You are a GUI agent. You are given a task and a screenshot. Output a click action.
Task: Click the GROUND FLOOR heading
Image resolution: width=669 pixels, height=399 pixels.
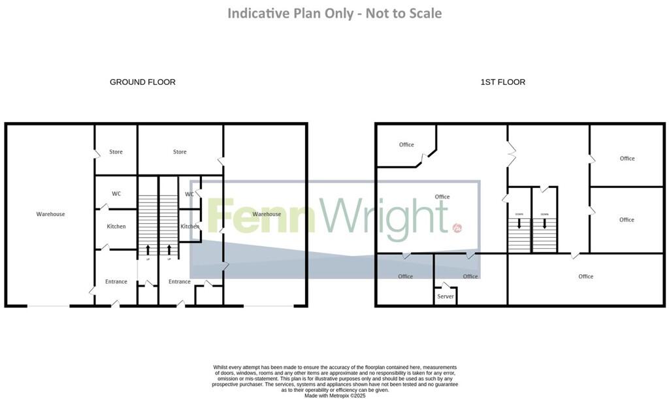pyautogui.click(x=142, y=82)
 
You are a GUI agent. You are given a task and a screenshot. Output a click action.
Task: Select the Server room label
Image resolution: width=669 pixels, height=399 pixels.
pyautogui.click(x=446, y=296)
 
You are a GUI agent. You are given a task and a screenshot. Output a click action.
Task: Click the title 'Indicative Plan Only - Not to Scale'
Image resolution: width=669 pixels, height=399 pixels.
pyautogui.click(x=334, y=13)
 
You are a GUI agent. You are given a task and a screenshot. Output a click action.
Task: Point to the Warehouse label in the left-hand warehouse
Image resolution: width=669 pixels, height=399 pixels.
pyautogui.click(x=50, y=214)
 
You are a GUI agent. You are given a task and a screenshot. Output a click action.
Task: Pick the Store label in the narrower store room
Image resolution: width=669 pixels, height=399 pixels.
pyautogui.click(x=116, y=152)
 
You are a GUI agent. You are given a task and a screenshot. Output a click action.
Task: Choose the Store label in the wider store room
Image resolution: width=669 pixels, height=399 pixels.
pyautogui.click(x=180, y=152)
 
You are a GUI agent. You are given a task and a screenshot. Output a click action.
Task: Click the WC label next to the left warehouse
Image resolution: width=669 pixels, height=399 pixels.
pyautogui.click(x=116, y=194)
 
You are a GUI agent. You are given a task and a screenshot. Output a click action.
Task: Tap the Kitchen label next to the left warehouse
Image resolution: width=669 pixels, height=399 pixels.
pyautogui.click(x=116, y=227)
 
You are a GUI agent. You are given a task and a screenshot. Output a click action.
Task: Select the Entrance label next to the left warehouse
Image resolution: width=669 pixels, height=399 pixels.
pyautogui.click(x=116, y=282)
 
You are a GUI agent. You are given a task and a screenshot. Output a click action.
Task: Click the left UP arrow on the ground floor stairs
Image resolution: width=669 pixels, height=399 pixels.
pyautogui.click(x=147, y=249)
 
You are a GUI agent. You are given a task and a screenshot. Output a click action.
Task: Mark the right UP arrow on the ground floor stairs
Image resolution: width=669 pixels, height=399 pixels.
pyautogui.click(x=170, y=249)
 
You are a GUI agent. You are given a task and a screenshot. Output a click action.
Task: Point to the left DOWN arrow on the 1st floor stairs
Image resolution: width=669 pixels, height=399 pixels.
pyautogui.click(x=519, y=223)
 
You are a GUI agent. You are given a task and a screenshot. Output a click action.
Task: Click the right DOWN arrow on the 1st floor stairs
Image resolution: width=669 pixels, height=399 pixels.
pyautogui.click(x=544, y=223)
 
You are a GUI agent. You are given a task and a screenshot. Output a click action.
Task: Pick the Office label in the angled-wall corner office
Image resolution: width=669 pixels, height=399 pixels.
pyautogui.click(x=406, y=145)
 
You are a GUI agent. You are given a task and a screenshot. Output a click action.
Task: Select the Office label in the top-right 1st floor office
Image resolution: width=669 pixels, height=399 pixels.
pyautogui.click(x=627, y=159)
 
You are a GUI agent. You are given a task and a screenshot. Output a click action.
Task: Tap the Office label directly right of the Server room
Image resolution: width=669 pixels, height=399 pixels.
pyautogui.click(x=470, y=277)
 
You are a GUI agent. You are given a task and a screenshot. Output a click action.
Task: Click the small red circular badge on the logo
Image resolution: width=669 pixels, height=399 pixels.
pyautogui.click(x=457, y=228)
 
